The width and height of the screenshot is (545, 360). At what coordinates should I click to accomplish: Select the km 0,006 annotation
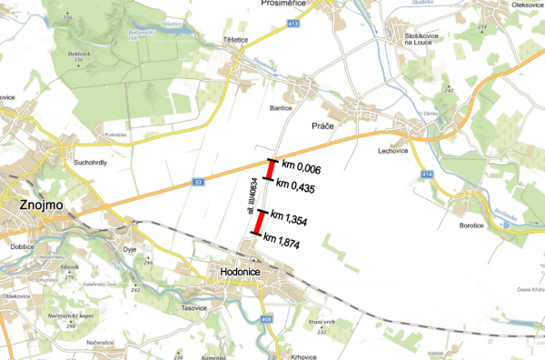pos(302,165)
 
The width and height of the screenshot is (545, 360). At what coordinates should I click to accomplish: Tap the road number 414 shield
pos(427,173)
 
